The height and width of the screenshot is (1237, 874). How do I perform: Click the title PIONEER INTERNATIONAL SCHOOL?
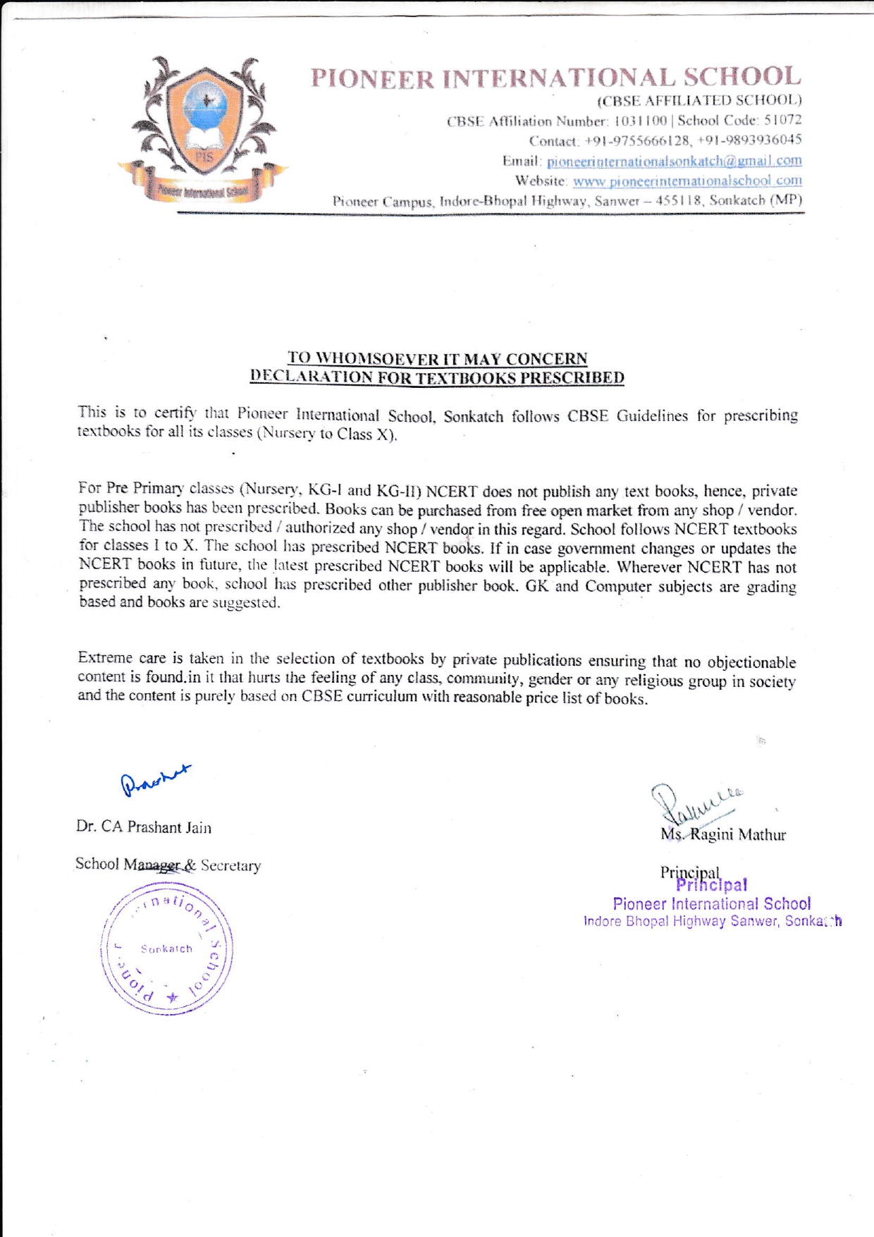556,78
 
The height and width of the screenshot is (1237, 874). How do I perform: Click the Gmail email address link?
674,161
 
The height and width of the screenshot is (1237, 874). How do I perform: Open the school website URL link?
687,181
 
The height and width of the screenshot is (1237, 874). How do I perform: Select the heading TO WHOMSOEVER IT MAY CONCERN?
437,358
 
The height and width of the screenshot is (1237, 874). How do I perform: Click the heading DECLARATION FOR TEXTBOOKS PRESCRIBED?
437,377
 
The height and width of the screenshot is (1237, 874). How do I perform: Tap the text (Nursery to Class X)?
326,434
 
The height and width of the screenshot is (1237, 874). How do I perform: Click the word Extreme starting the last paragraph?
105,658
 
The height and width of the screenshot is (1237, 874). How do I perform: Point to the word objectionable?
751,662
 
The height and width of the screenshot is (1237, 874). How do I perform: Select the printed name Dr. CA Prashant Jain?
144,827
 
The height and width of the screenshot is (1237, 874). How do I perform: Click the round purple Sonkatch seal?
167,949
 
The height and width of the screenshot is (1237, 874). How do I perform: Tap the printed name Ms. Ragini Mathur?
723,835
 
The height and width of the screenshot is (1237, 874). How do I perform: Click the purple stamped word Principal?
711,885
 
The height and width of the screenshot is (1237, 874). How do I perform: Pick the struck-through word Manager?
152,865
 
